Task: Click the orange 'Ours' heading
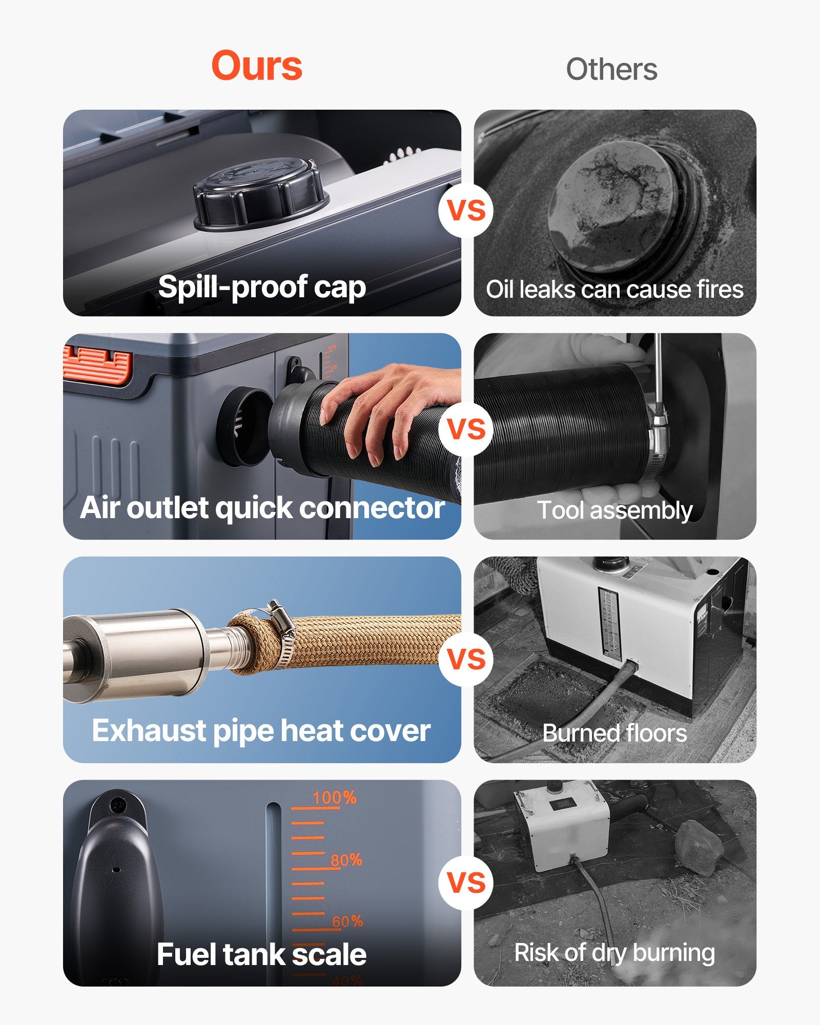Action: [257, 66]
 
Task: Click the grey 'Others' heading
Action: [611, 69]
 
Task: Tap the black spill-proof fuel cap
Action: [260, 194]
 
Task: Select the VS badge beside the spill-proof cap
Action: [466, 210]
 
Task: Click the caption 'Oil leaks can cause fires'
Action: [614, 290]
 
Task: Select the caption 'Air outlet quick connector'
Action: [262, 508]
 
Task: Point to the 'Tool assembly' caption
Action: [614, 510]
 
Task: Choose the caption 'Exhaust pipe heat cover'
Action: [261, 730]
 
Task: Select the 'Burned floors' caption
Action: [614, 733]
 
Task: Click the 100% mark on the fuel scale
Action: [334, 798]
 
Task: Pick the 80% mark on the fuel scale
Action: [345, 860]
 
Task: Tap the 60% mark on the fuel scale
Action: [347, 921]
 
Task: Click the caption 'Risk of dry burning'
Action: [614, 953]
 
